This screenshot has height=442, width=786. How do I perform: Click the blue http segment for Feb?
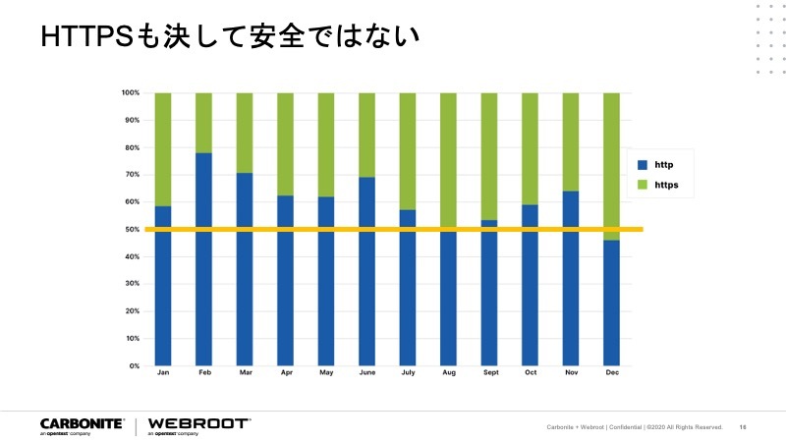[x=203, y=259]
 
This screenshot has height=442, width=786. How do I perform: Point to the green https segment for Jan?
[x=163, y=147]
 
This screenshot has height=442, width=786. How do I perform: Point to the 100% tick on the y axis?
[x=131, y=93]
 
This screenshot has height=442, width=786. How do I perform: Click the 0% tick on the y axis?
[x=134, y=365]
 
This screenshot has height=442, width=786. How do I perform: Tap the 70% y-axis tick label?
[x=132, y=175]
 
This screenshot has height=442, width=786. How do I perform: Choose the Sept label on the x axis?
[x=488, y=373]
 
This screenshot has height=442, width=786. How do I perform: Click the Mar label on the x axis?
[x=245, y=373]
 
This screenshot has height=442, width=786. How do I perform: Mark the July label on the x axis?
[x=407, y=373]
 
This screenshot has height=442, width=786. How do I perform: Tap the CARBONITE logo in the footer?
[x=82, y=424]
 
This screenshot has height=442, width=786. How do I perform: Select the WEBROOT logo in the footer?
[x=197, y=424]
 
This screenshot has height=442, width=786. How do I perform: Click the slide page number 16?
[x=743, y=427]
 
